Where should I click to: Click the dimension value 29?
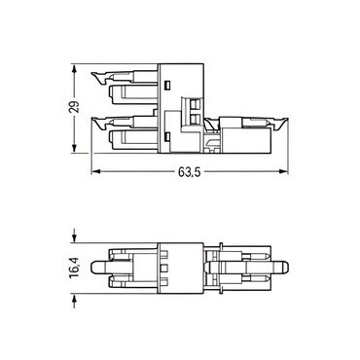click(x=75, y=107)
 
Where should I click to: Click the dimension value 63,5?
click(x=190, y=172)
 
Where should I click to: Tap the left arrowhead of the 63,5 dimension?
click(x=95, y=171)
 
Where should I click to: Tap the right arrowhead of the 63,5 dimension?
click(x=284, y=171)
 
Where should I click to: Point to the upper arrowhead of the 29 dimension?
click(x=75, y=68)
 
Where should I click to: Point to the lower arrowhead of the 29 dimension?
click(x=75, y=148)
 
